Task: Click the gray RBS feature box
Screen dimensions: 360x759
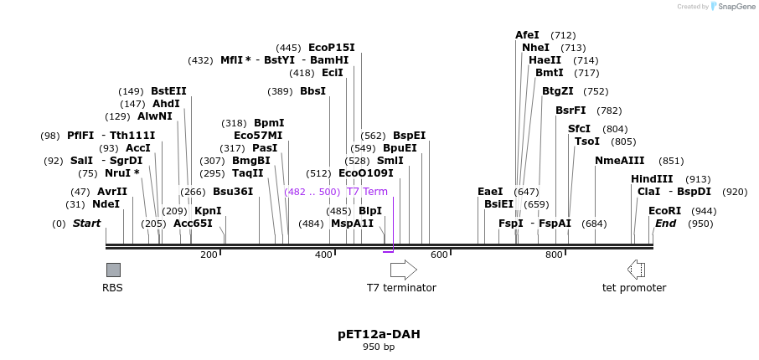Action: (x=113, y=270)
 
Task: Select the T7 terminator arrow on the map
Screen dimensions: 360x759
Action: (x=403, y=270)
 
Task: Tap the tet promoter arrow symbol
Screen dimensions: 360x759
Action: (x=636, y=270)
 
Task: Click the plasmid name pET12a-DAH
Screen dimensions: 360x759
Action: (x=379, y=334)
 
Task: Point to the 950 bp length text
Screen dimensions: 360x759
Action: (x=379, y=347)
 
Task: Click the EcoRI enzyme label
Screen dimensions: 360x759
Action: (x=664, y=211)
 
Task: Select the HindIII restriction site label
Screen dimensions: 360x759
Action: (x=652, y=179)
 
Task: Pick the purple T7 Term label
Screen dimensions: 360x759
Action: (x=367, y=192)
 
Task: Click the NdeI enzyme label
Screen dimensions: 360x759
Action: (x=106, y=204)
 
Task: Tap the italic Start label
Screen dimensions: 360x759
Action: (x=86, y=224)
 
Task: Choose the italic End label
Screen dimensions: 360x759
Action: (x=665, y=224)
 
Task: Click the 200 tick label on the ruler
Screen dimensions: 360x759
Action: (x=209, y=255)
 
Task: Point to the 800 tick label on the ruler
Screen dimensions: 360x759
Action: (x=554, y=255)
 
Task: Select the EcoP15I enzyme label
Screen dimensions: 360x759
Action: (x=332, y=48)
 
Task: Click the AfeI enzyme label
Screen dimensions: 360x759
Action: (x=527, y=35)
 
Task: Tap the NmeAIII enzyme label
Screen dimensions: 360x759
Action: (x=620, y=161)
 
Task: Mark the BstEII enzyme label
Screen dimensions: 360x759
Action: (x=168, y=91)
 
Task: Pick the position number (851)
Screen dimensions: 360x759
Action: (x=671, y=161)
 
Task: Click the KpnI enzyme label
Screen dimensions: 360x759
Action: (x=208, y=211)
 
